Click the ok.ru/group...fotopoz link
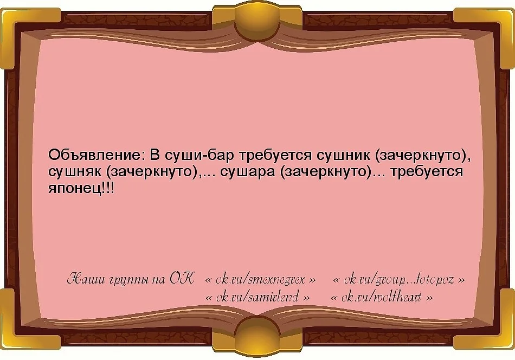pyautogui.click(x=398, y=280)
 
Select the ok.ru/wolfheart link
pyautogui.click(x=381, y=297)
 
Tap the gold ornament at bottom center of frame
pyautogui.click(x=257, y=337)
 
